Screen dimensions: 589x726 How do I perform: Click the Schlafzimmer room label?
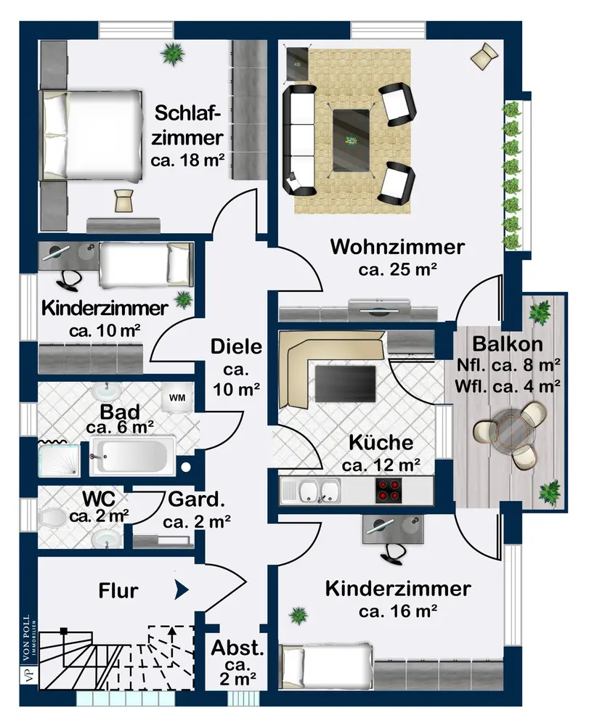tap(187, 125)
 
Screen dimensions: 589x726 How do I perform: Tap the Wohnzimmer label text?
tap(397, 247)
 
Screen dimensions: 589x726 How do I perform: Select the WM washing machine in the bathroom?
tap(177, 398)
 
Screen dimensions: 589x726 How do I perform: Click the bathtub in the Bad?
tap(132, 456)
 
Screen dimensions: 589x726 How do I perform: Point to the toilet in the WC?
tap(52, 517)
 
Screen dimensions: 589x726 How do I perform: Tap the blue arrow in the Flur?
tap(182, 590)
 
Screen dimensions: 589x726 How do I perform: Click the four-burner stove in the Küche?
tap(388, 490)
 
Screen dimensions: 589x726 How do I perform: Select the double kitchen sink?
tap(319, 491)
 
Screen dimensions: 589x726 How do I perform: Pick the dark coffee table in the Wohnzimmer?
tap(352, 140)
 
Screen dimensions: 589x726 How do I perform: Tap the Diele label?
tap(236, 347)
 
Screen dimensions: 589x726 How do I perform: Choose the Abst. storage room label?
tap(237, 648)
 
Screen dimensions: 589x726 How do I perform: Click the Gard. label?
tap(196, 499)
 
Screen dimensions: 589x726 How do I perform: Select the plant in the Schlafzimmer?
tap(172, 54)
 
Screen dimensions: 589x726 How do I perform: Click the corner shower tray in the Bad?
tap(59, 460)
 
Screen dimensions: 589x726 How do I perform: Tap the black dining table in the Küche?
tap(346, 384)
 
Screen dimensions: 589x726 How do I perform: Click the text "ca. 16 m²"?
tap(398, 611)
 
